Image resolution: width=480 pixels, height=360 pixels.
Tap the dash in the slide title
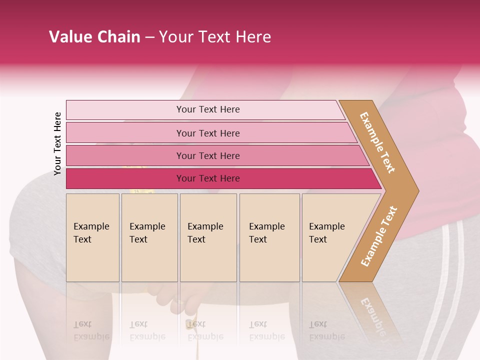(149, 37)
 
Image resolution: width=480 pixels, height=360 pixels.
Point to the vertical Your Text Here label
(57, 143)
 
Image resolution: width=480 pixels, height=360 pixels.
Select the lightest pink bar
(207, 109)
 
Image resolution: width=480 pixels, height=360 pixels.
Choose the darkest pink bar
(207, 178)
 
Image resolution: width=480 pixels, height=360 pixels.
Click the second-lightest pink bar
(207, 133)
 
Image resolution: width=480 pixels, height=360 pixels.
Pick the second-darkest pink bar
(207, 155)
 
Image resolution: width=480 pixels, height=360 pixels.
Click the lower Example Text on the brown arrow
(379, 236)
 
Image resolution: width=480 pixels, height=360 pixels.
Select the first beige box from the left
(92, 237)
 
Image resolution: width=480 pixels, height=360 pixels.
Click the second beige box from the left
(149, 237)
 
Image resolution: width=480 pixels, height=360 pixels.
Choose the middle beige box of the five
(208, 237)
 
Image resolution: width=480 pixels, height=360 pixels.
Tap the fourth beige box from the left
(269, 237)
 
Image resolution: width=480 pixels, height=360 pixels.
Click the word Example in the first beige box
(91, 226)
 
